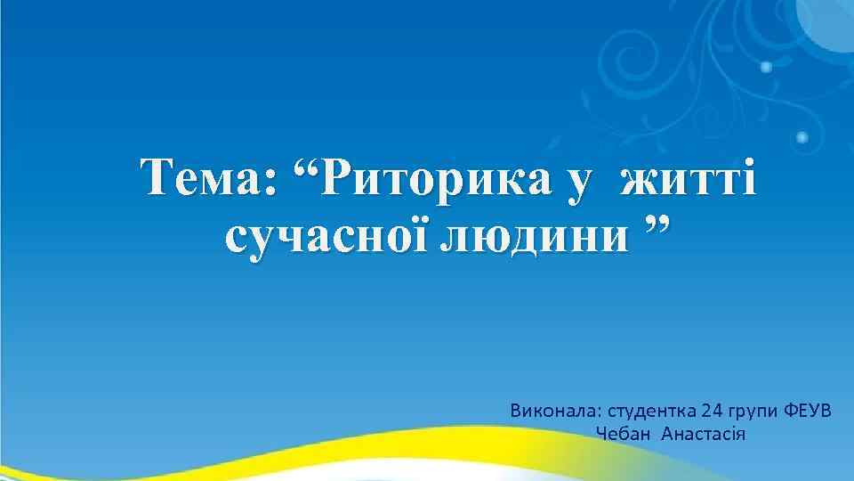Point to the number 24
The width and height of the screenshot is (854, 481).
(713, 411)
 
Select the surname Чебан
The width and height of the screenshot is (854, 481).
(622, 434)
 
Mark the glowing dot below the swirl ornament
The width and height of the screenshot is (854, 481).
(802, 137)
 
